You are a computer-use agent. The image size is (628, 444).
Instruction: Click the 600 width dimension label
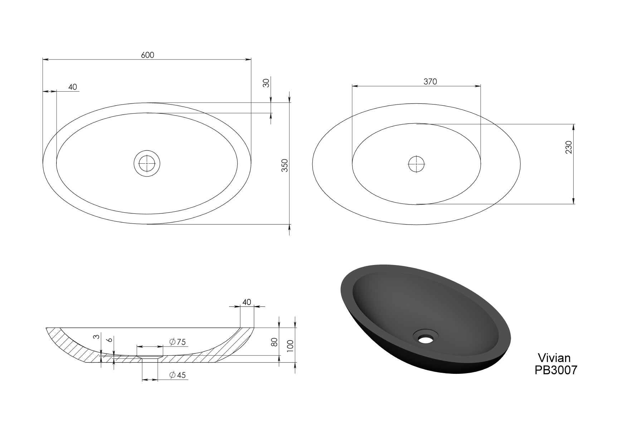tap(147, 55)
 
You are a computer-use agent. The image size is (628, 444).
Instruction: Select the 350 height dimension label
tap(285, 165)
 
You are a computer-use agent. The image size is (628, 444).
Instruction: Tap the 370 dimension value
tap(430, 82)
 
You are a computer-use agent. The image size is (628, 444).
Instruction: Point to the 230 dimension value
tap(569, 147)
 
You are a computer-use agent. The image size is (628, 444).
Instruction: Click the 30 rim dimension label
tap(266, 83)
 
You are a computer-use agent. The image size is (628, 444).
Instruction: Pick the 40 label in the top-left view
tap(73, 87)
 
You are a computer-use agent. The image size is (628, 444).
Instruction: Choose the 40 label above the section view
tap(247, 302)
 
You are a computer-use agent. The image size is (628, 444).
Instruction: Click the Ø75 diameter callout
tap(178, 342)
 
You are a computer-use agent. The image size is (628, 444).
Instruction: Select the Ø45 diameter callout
tap(178, 375)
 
